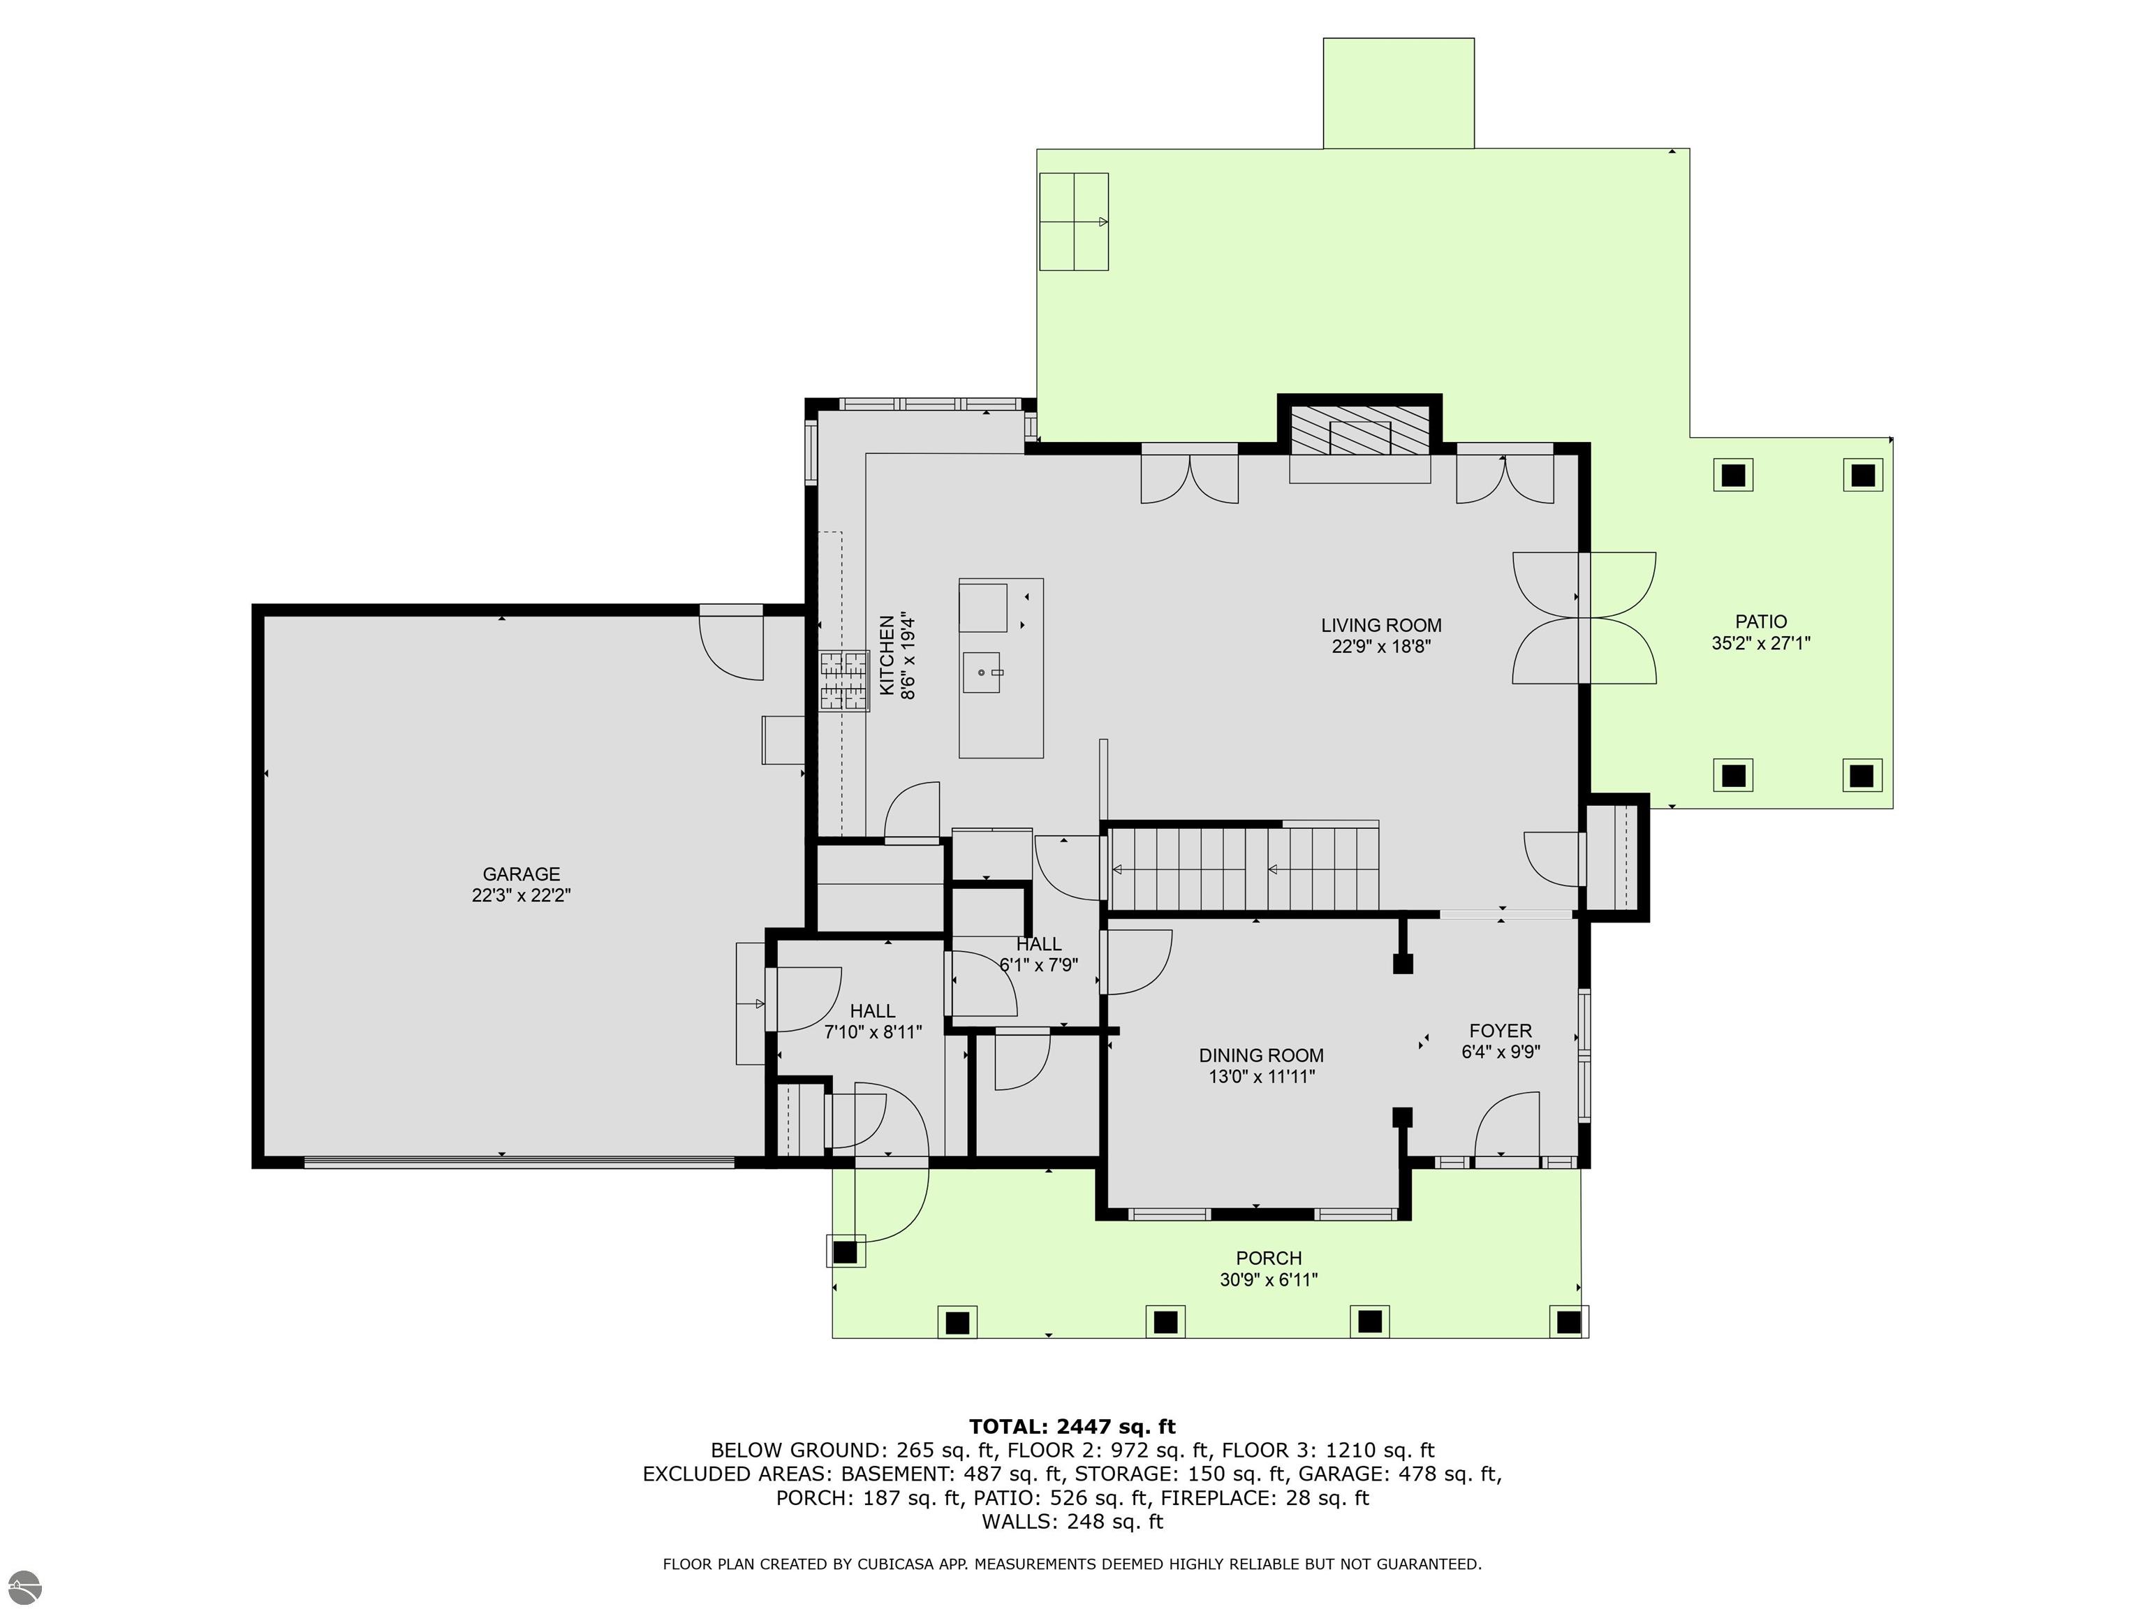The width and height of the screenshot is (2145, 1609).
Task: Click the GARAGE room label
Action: (x=521, y=874)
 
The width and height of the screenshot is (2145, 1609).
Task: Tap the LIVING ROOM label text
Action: (x=1381, y=626)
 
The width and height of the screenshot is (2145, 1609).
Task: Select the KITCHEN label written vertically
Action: (x=886, y=656)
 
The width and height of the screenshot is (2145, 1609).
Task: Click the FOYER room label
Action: (x=1500, y=1031)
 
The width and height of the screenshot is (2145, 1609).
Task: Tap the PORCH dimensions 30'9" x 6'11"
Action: (x=1269, y=1280)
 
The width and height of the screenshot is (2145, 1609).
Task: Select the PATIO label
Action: (x=1761, y=622)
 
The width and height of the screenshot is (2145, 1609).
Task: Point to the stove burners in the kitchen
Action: (x=843, y=682)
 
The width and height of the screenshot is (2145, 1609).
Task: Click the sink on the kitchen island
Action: (x=982, y=672)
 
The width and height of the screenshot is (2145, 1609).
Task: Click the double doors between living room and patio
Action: (x=1584, y=618)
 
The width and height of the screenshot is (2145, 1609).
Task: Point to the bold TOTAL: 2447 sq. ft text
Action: (x=1072, y=1427)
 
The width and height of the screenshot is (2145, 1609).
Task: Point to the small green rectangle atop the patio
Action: (x=1399, y=93)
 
